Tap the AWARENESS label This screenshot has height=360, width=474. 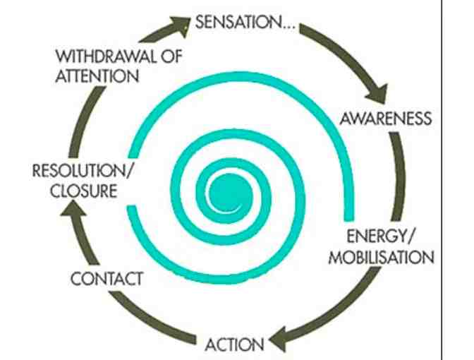(x=384, y=117)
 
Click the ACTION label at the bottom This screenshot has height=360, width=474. (x=235, y=344)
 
